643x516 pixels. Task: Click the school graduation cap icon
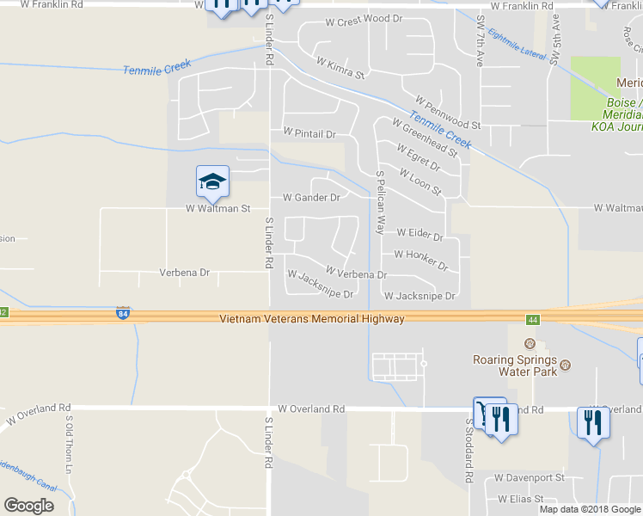(212, 181)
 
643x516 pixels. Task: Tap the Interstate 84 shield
(124, 314)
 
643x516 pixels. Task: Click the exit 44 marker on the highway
(533, 320)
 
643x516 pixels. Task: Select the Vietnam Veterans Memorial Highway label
(311, 318)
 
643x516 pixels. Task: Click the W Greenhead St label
(424, 137)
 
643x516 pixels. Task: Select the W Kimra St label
(340, 68)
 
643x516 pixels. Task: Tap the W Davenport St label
(529, 477)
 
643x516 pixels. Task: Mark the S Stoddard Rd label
(469, 451)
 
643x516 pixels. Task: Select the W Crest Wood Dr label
(364, 19)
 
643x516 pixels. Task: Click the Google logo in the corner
(29, 506)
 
